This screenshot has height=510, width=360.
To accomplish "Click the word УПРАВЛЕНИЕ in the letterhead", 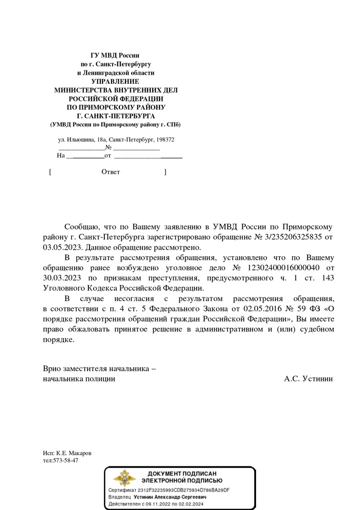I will (115, 81).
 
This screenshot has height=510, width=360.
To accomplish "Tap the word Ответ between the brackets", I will (111, 172).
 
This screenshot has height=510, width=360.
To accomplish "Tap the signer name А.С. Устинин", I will (308, 379).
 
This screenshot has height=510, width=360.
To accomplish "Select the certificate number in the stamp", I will (184, 490).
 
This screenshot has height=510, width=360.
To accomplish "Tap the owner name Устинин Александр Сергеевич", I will (170, 498).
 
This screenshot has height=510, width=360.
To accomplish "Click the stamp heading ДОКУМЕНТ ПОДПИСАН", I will (182, 473).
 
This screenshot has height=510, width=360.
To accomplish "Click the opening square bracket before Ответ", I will (50, 172).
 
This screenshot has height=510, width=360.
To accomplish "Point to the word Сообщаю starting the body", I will (82, 227).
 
